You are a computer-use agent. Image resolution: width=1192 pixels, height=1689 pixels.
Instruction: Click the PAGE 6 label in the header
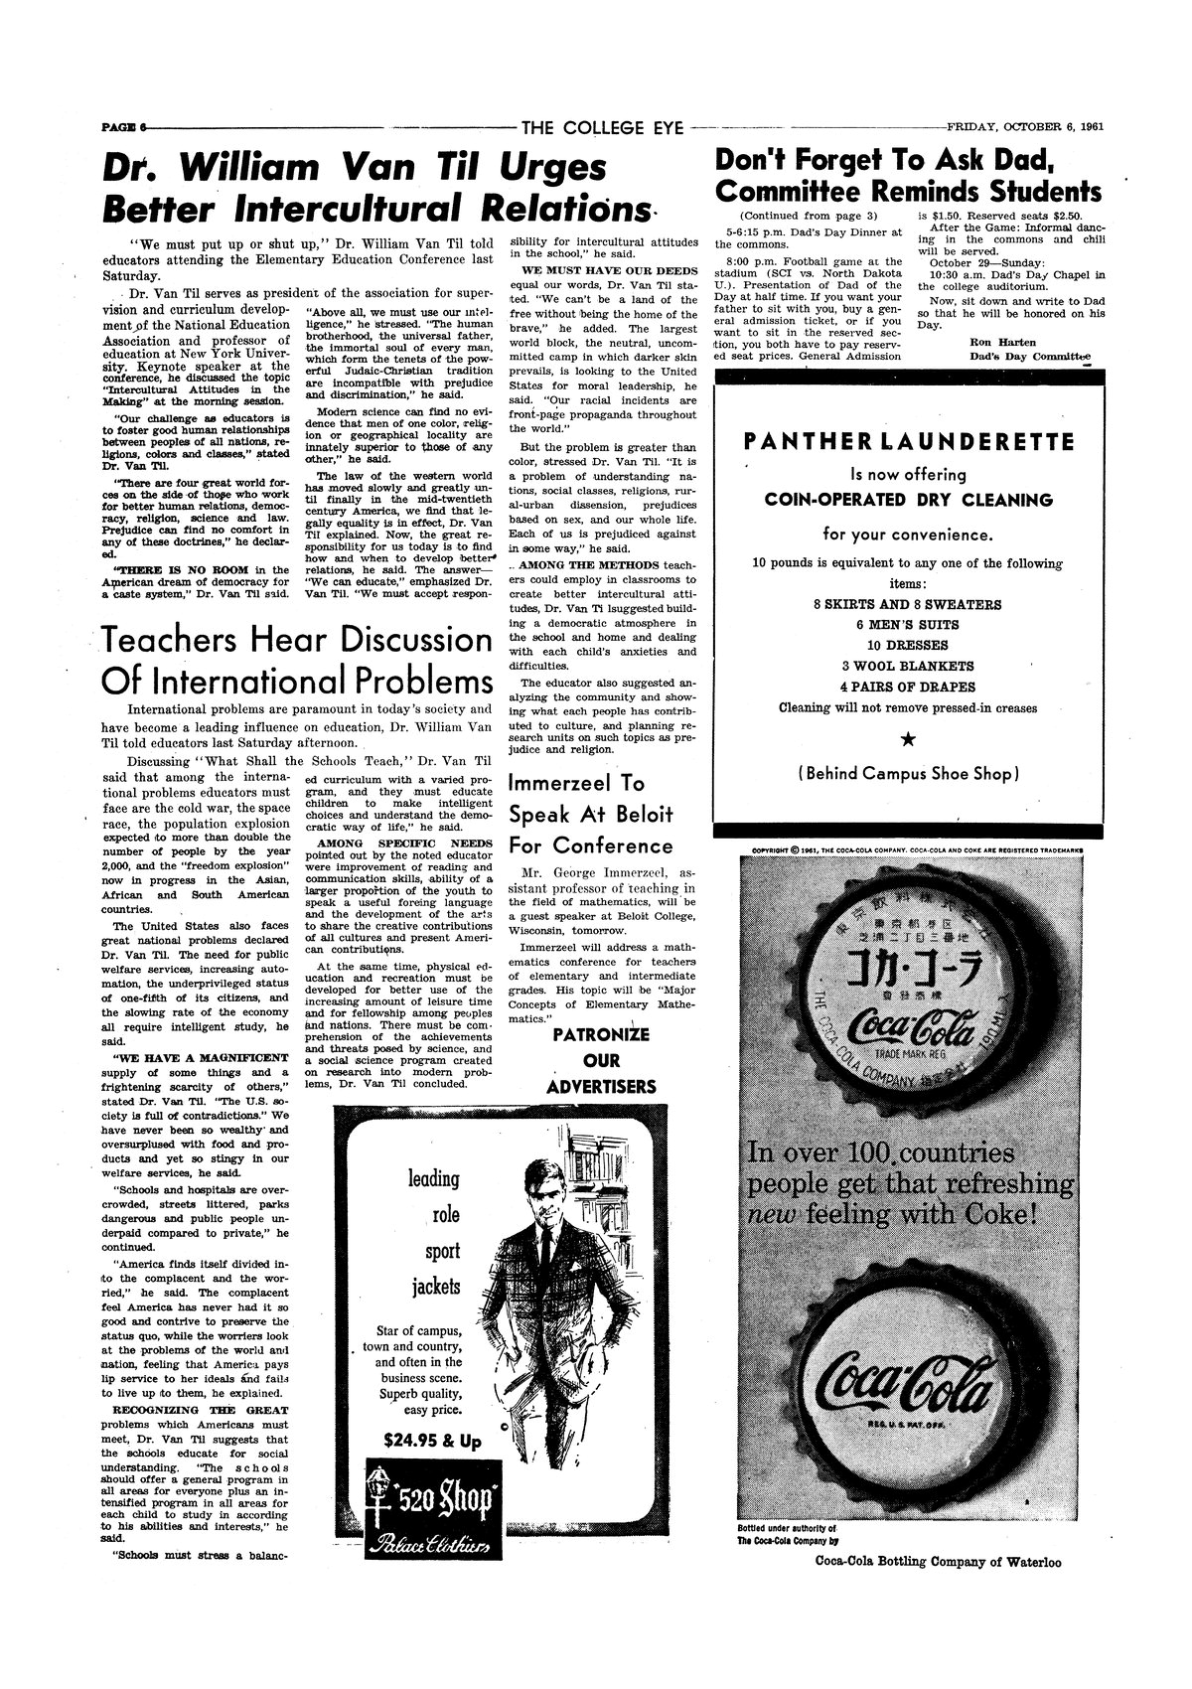pyautogui.click(x=122, y=127)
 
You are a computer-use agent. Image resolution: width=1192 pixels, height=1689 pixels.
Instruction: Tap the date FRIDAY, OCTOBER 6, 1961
pyautogui.click(x=1026, y=126)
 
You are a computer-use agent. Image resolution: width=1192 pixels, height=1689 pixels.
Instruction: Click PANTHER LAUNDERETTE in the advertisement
pyautogui.click(x=909, y=440)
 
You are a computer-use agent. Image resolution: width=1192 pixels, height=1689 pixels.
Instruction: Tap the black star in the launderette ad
pyautogui.click(x=908, y=738)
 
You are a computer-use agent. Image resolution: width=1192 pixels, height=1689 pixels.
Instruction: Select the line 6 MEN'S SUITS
pyautogui.click(x=908, y=625)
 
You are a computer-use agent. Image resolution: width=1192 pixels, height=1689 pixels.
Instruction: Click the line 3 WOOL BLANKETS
pyautogui.click(x=908, y=666)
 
